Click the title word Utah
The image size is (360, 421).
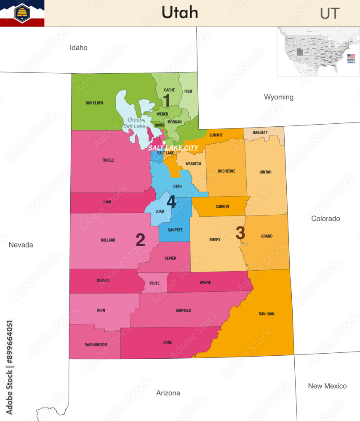[x=180, y=13]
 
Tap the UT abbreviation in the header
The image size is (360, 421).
[x=329, y=13]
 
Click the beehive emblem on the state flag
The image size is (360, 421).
[x=22, y=12]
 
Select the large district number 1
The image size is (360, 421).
[x=167, y=101]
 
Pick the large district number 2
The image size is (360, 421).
[x=140, y=240]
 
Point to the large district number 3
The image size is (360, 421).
[x=240, y=233]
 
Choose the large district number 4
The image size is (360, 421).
[x=171, y=202]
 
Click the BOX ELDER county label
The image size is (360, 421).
[x=94, y=103]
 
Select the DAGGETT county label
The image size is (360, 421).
[x=260, y=132]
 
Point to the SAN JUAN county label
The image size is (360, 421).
[x=266, y=314]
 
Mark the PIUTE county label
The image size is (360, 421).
[x=155, y=283]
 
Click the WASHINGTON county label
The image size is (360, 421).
[x=96, y=345]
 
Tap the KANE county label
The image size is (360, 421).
[x=168, y=343]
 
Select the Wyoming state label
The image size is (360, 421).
[x=278, y=97]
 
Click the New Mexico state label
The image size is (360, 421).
[x=327, y=386]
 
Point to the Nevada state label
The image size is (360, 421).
[x=21, y=245]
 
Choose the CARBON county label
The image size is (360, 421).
[x=222, y=206]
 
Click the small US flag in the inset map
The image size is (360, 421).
[x=351, y=56]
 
